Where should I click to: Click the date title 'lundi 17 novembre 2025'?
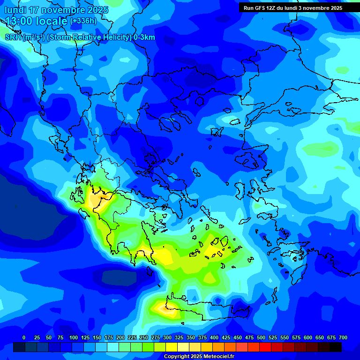pyautogui.click(x=56, y=10)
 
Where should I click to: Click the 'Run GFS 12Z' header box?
pyautogui.click(x=292, y=8)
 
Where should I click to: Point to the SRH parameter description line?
pyautogui.click(x=80, y=37)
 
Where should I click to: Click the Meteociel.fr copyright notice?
pyautogui.click(x=199, y=357)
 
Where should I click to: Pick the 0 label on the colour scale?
pyautogui.click(x=24, y=337)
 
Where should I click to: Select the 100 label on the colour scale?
pyautogui.click(x=74, y=337)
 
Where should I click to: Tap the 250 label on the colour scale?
pyautogui.click(x=144, y=337)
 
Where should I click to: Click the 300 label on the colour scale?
pyautogui.click(x=167, y=337)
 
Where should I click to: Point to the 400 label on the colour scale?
pyautogui.click(x=214, y=337)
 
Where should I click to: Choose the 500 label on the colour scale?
pyautogui.click(x=261, y=337)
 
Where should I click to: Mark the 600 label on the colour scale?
pyautogui.click(x=308, y=337)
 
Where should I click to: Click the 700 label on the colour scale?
pyautogui.click(x=343, y=337)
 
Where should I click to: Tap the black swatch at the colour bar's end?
pyautogui.click(x=336, y=347)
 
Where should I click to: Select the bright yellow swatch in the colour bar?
pyautogui.click(x=172, y=347)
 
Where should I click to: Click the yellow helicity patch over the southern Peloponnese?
pyautogui.click(x=162, y=256)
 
